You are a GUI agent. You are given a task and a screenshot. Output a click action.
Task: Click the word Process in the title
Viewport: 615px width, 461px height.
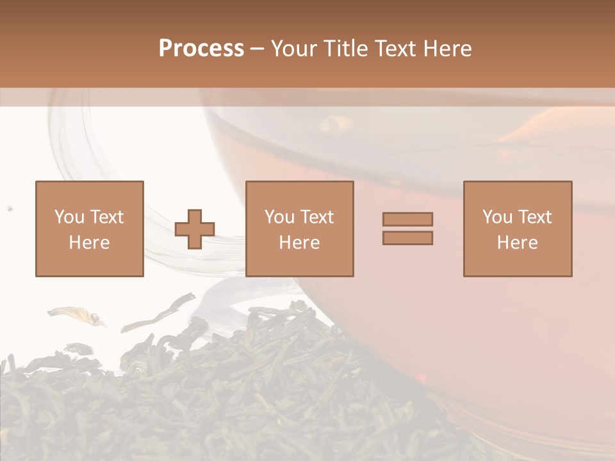[x=201, y=49]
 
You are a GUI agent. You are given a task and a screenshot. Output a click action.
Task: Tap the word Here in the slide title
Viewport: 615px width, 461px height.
[x=447, y=49]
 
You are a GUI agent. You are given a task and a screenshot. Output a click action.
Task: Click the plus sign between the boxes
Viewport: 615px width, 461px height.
[x=195, y=229]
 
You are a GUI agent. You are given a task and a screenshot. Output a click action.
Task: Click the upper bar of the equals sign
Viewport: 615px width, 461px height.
[x=407, y=219]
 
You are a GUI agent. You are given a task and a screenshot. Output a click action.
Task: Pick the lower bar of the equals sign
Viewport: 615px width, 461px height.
[x=407, y=238]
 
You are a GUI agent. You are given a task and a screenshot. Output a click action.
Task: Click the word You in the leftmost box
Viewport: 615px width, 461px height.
[x=69, y=217]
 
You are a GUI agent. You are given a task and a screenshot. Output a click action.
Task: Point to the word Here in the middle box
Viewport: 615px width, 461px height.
[x=300, y=243]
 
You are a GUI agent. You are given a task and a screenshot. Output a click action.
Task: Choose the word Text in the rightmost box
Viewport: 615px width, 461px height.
[x=534, y=217]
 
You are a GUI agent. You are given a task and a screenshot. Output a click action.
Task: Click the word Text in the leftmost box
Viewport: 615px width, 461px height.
[x=106, y=217]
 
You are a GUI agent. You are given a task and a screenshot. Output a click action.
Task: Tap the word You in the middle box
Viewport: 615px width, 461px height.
[x=279, y=217]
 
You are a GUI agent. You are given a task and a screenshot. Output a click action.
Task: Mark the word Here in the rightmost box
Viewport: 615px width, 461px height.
[x=518, y=243]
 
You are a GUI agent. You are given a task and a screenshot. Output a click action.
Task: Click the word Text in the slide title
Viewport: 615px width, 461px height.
[x=393, y=49]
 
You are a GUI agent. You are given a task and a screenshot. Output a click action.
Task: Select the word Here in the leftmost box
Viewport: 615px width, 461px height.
[x=90, y=243]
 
